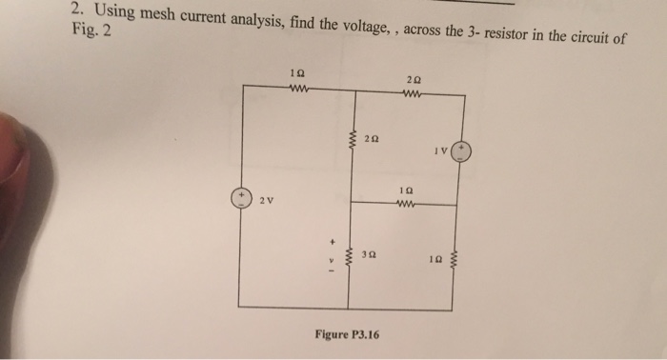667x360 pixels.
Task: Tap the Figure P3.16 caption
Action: click(347, 334)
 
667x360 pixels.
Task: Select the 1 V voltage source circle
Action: click(462, 151)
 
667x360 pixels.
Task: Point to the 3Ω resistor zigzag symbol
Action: click(350, 257)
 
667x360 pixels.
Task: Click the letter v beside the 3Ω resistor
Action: click(331, 257)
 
